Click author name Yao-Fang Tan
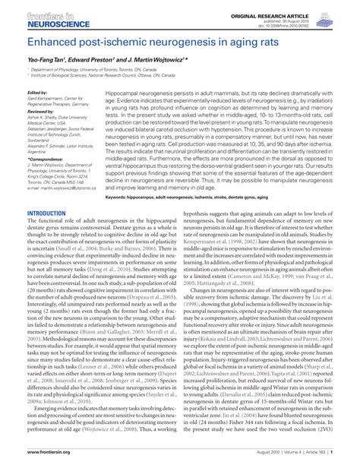45,58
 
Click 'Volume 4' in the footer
296,463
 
